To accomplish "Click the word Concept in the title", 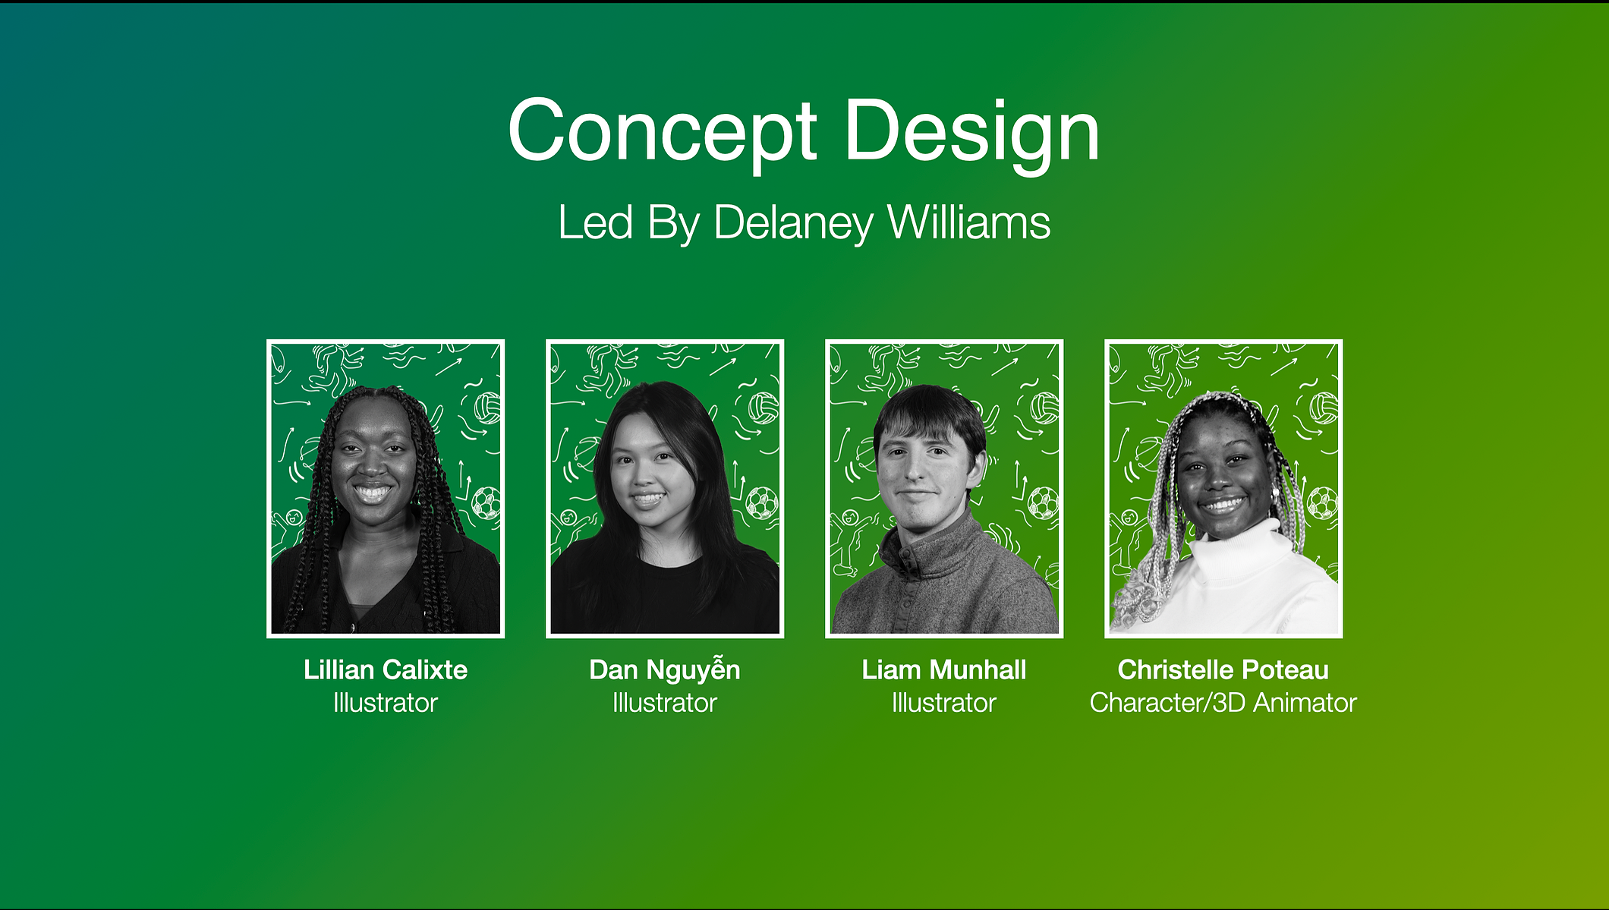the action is (663, 133).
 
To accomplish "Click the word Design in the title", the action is (972, 133).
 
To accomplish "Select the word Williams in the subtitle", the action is (969, 222).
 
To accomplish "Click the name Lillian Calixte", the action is (386, 669).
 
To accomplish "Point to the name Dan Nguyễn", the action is (665, 669).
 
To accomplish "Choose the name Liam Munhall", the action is (944, 669).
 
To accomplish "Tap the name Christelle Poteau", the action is (1223, 669).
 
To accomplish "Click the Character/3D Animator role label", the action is (1223, 703).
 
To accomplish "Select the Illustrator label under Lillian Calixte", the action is (386, 703).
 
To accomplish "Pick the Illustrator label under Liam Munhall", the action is (944, 703).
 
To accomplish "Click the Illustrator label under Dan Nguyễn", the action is (665, 703).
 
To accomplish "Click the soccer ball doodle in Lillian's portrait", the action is (486, 503).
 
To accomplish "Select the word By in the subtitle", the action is (673, 224).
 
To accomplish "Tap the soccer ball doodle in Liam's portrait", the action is (1044, 503).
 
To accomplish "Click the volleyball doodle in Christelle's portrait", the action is (1324, 408).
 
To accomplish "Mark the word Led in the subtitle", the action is (596, 222).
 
